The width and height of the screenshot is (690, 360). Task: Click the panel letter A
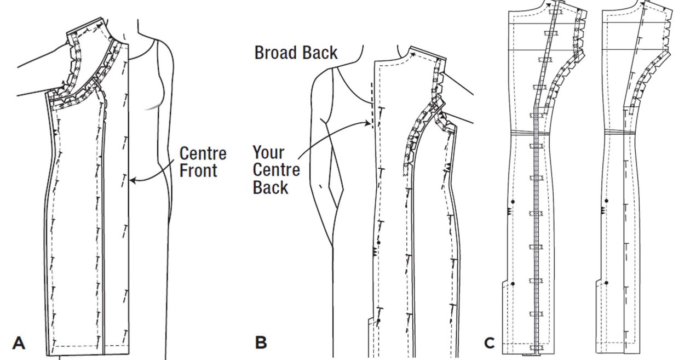[19, 343]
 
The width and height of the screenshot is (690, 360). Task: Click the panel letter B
[261, 343]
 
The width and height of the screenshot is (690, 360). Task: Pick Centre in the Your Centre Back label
[277, 169]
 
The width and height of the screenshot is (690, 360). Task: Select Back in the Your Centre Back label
[271, 187]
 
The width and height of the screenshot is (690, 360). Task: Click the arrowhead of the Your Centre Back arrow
[371, 124]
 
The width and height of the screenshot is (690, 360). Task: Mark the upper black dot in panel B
[378, 242]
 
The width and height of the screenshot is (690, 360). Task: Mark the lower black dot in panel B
[378, 319]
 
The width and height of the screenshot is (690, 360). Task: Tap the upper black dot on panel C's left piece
[513, 201]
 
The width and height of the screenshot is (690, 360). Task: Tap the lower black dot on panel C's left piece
[513, 283]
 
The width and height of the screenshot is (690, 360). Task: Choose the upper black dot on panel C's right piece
[606, 201]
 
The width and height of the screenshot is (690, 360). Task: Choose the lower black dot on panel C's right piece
[606, 283]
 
